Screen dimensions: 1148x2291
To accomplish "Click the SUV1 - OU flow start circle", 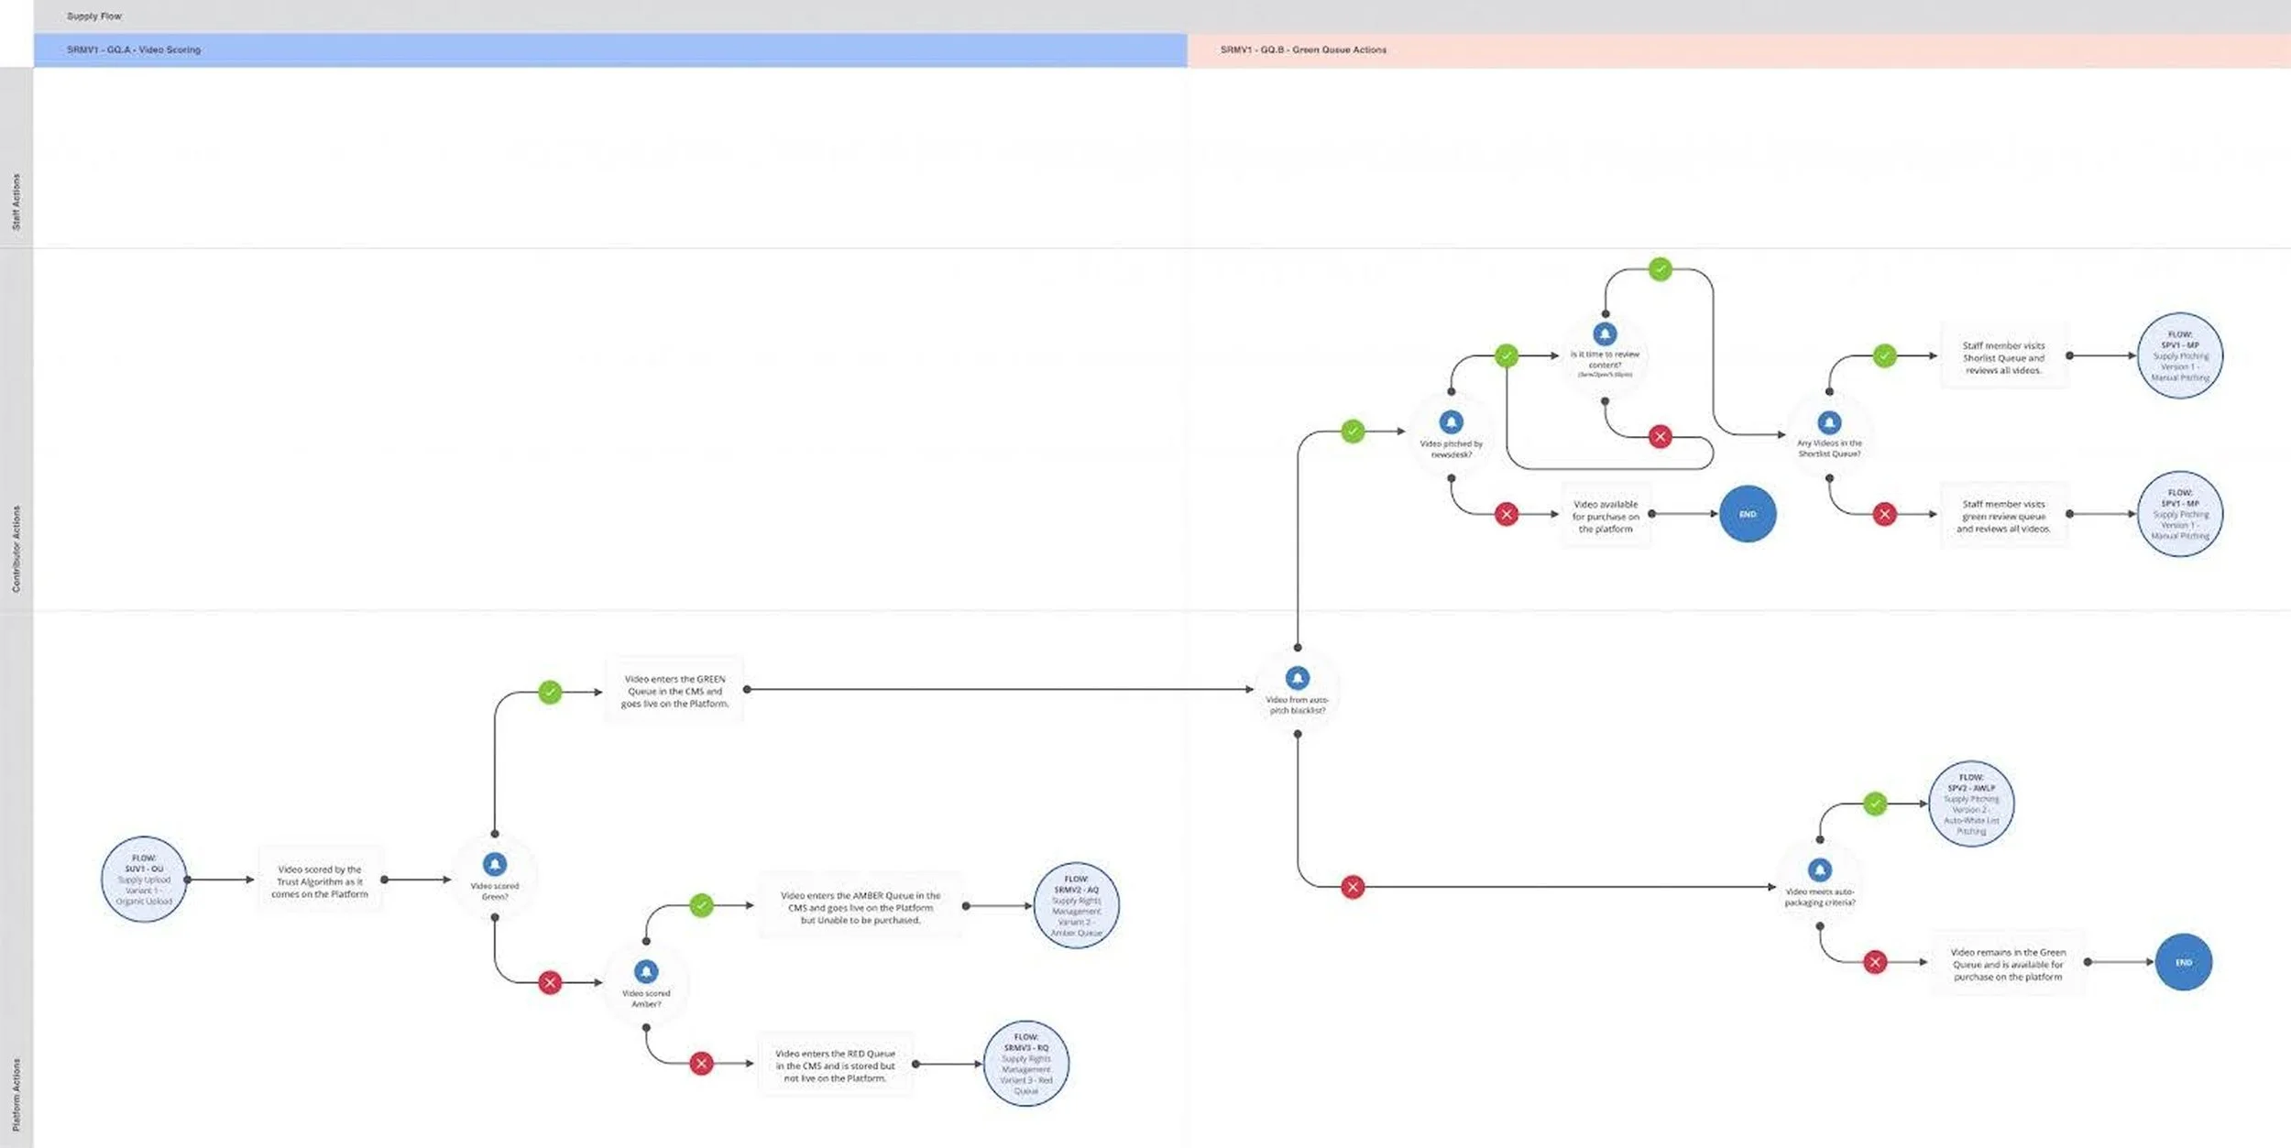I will [x=144, y=880].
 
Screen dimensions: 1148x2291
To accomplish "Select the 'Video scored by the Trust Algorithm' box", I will [x=320, y=881].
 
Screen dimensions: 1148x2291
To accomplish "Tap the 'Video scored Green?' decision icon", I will [x=495, y=865].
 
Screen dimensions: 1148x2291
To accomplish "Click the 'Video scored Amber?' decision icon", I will [x=646, y=972].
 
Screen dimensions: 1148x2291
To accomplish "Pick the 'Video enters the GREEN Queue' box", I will [x=674, y=692].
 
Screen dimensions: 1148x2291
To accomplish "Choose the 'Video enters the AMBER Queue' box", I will [x=860, y=907].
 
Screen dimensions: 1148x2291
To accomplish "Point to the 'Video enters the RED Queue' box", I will [x=835, y=1066].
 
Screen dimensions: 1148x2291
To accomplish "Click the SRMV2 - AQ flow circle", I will [x=1076, y=905].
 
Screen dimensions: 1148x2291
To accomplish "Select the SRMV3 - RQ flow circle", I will [x=1026, y=1064].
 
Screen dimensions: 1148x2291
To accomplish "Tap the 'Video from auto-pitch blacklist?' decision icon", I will [x=1298, y=678].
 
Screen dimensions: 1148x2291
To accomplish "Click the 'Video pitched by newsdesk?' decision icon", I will [x=1452, y=422].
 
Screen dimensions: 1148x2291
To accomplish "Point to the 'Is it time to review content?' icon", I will [x=1605, y=334].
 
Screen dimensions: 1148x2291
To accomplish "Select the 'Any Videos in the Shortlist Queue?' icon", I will [x=1829, y=422].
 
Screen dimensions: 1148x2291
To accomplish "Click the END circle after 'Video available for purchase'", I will [x=1748, y=514].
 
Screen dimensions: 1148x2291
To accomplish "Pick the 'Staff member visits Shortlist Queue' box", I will [x=2003, y=357].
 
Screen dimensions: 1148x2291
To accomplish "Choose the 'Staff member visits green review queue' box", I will [x=2003, y=516].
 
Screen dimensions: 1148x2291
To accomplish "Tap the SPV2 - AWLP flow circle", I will [x=1971, y=804].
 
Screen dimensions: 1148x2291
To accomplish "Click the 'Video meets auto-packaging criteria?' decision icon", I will [x=1820, y=870].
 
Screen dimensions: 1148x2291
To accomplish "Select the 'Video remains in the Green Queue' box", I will [x=2008, y=964].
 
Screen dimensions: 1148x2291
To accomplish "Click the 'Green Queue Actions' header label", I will [x=1303, y=50].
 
